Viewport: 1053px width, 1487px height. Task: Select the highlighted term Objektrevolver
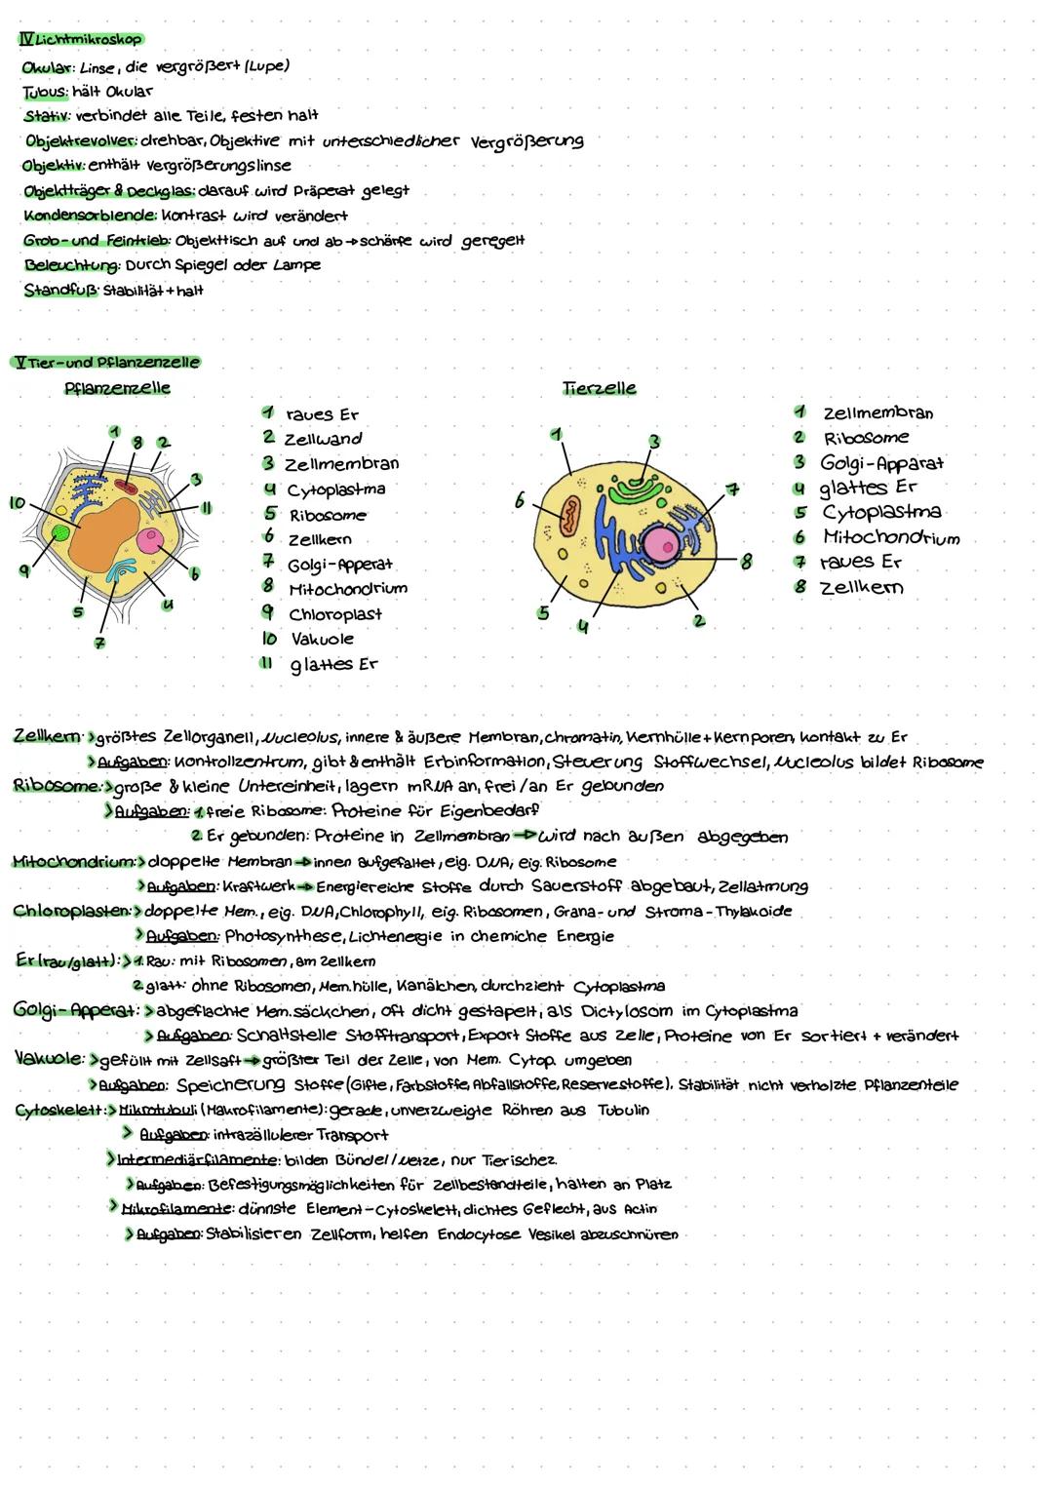coord(83,140)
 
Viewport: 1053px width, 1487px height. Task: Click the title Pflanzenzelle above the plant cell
coord(116,387)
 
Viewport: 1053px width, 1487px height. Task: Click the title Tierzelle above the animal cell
coord(600,387)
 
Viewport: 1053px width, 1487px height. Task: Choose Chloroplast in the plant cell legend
coord(334,614)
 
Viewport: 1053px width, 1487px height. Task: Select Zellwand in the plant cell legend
coord(324,439)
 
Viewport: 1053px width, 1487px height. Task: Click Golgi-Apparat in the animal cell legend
coord(881,463)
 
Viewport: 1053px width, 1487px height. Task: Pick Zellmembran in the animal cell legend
coord(877,412)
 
